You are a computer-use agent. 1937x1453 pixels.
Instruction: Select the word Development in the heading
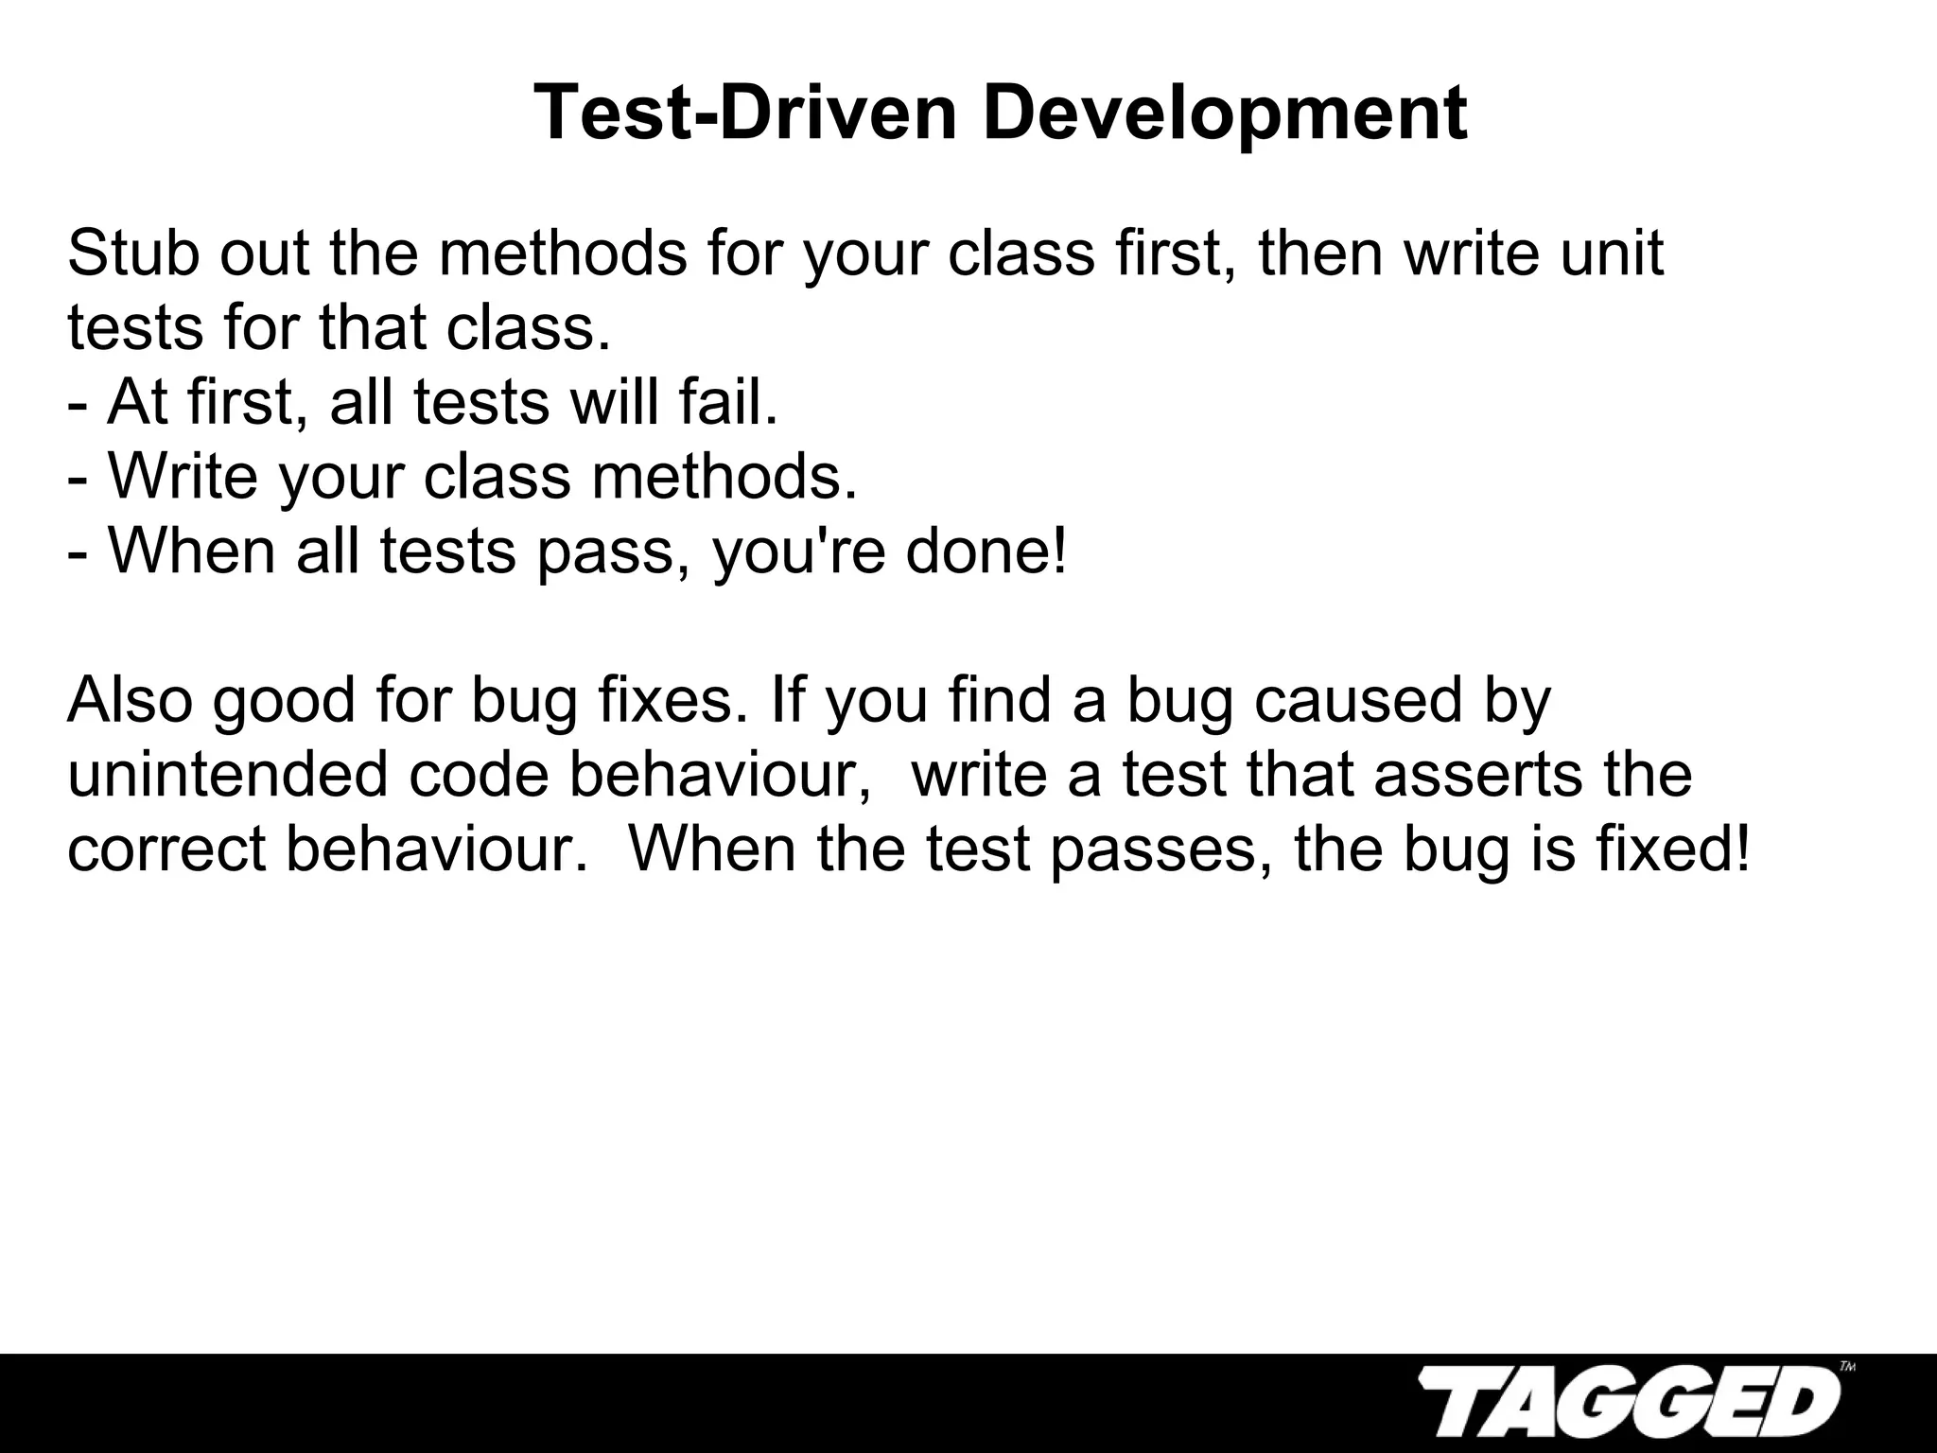point(1225,114)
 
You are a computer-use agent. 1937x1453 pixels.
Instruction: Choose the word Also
point(130,700)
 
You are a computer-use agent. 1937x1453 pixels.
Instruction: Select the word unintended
point(228,774)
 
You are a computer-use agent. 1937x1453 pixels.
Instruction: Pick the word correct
point(166,849)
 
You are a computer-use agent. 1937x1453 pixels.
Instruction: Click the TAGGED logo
point(1627,1406)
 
